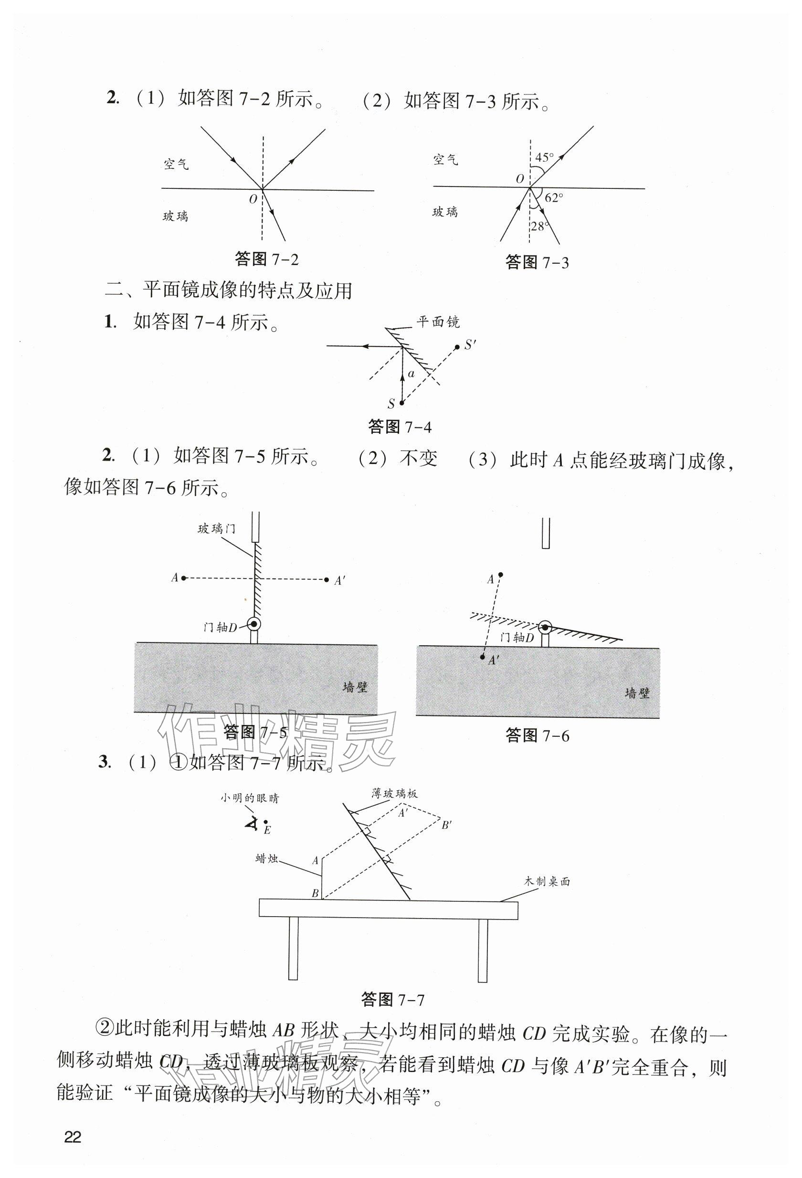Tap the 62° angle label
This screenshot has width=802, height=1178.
554,198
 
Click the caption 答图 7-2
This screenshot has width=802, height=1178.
267,259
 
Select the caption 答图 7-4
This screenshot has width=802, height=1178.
400,427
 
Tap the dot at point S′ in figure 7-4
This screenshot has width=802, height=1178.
456,347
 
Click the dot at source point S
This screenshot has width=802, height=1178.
402,403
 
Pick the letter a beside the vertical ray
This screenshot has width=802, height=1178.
412,374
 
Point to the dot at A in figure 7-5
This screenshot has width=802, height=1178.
184,578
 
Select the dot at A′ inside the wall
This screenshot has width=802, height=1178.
483,657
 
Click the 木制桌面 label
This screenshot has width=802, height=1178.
547,881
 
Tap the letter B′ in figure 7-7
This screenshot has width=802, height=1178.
446,825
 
